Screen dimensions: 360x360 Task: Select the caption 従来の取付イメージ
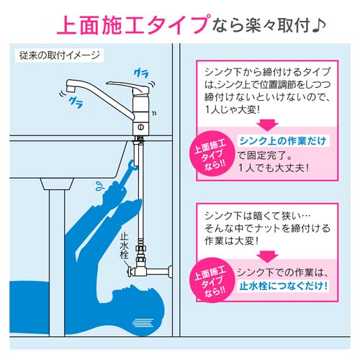[x=58, y=55]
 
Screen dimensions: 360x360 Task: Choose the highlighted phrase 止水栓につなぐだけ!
[x=279, y=286]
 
